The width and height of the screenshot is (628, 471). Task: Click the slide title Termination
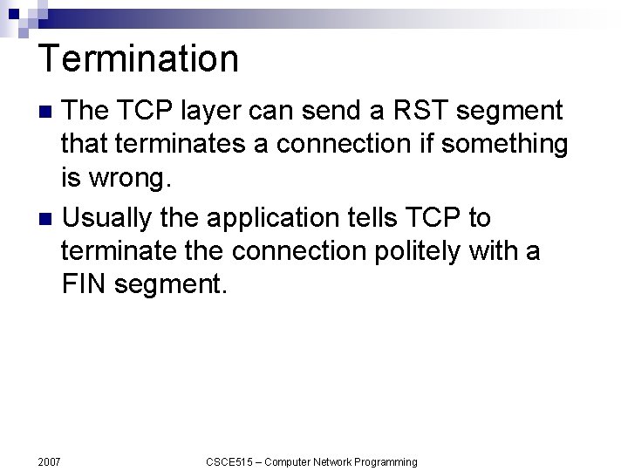pyautogui.click(x=139, y=59)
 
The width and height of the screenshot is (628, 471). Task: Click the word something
pyautogui.click(x=504, y=143)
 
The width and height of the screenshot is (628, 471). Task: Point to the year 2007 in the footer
pyautogui.click(x=49, y=461)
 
